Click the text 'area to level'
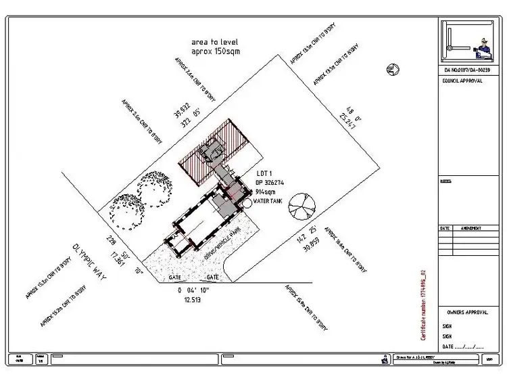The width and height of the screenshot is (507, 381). [x=215, y=42]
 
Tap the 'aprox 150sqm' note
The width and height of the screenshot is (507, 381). [x=215, y=51]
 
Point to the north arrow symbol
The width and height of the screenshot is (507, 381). [x=391, y=68]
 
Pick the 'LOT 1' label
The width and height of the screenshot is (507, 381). [x=264, y=173]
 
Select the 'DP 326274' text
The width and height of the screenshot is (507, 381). [x=269, y=183]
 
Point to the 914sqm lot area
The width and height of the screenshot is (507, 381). [x=266, y=192]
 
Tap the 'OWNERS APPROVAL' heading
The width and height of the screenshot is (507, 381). [x=467, y=313]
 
